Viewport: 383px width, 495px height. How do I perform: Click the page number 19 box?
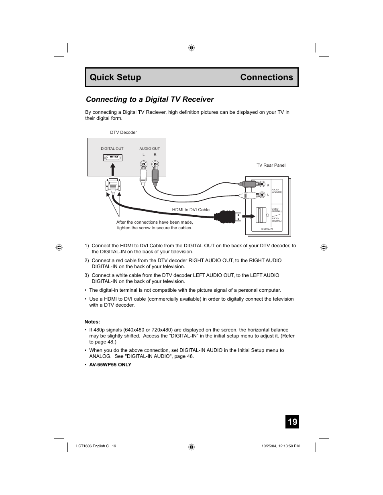292,422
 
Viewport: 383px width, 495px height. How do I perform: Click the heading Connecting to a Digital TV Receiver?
150,99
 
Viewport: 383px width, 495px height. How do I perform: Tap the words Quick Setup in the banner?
115,77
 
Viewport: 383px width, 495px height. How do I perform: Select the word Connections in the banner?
267,77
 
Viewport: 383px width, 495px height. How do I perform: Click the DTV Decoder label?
123,132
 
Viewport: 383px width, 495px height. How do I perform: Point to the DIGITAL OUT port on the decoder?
112,158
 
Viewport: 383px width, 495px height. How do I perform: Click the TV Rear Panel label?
271,165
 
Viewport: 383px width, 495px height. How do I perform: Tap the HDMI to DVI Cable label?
191,210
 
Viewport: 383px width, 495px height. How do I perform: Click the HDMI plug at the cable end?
228,216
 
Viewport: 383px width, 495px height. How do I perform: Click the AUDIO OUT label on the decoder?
149,149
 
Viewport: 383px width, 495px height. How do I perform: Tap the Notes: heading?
92,321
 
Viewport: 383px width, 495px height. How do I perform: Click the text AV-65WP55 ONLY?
110,364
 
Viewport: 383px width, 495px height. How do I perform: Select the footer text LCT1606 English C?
92,446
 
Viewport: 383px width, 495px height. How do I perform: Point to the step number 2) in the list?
87,261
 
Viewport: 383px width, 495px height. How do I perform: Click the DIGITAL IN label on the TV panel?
267,229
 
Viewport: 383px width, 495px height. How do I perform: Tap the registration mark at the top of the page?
191,48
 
